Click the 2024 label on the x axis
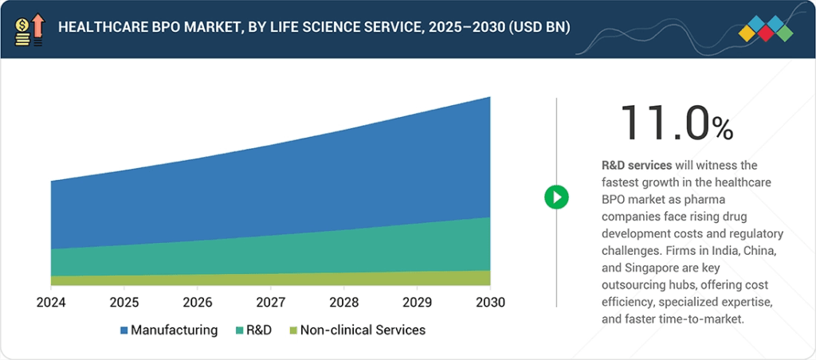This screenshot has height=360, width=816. [51, 303]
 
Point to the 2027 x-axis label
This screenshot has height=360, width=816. [270, 303]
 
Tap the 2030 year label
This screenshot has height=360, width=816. [489, 303]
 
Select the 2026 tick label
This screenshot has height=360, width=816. [197, 303]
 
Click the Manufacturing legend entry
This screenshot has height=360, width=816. [168, 330]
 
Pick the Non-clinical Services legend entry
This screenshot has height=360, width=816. [356, 330]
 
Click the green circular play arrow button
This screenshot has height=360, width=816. [556, 197]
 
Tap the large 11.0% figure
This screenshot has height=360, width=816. [676, 124]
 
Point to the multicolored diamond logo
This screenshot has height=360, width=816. [766, 29]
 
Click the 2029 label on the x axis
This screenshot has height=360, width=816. [416, 303]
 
